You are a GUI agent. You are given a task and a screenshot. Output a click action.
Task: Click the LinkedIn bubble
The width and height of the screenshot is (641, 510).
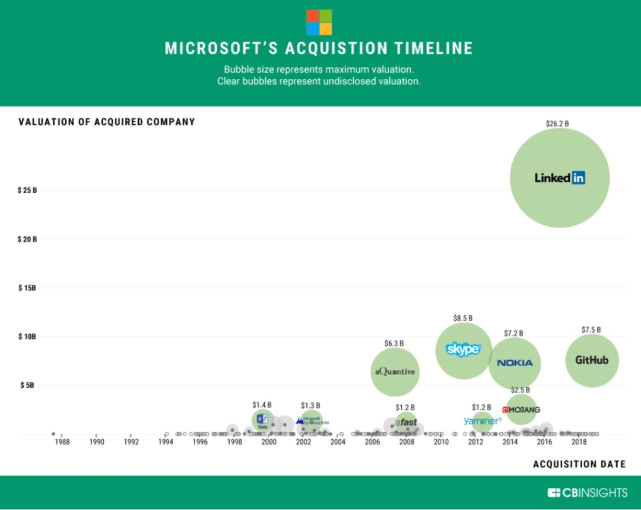(560, 178)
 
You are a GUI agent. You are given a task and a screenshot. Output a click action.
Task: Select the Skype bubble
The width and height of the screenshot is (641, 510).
(463, 350)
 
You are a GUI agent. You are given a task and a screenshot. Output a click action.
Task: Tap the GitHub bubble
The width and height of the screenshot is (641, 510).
(592, 360)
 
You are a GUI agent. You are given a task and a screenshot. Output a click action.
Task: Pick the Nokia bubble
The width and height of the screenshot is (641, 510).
(515, 363)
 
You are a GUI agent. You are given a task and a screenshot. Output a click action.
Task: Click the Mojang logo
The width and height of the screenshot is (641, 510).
(521, 410)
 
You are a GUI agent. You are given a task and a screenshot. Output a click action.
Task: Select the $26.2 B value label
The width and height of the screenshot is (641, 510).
(557, 123)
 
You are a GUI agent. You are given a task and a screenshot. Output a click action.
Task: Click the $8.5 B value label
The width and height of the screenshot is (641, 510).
(463, 318)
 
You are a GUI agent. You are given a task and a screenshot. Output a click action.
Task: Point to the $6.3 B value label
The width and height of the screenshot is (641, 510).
(394, 343)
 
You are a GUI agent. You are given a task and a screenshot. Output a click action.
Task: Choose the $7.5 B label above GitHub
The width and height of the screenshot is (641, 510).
(591, 330)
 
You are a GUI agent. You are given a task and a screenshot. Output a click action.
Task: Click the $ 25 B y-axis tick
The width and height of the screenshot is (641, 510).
(27, 191)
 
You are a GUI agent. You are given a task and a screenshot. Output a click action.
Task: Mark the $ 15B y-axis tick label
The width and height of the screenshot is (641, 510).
(27, 288)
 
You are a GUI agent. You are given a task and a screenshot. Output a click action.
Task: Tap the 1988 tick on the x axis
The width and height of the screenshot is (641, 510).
(62, 442)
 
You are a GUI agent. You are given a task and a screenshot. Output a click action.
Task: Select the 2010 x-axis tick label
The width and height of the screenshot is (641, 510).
(441, 442)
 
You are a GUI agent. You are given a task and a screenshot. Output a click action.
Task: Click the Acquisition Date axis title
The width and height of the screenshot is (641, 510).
(579, 464)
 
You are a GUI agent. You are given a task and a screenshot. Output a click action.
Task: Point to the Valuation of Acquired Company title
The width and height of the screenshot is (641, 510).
(107, 122)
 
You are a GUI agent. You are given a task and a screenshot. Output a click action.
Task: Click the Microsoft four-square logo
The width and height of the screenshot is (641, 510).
(319, 22)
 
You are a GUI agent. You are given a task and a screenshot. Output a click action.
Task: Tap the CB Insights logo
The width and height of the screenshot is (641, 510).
(587, 492)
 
